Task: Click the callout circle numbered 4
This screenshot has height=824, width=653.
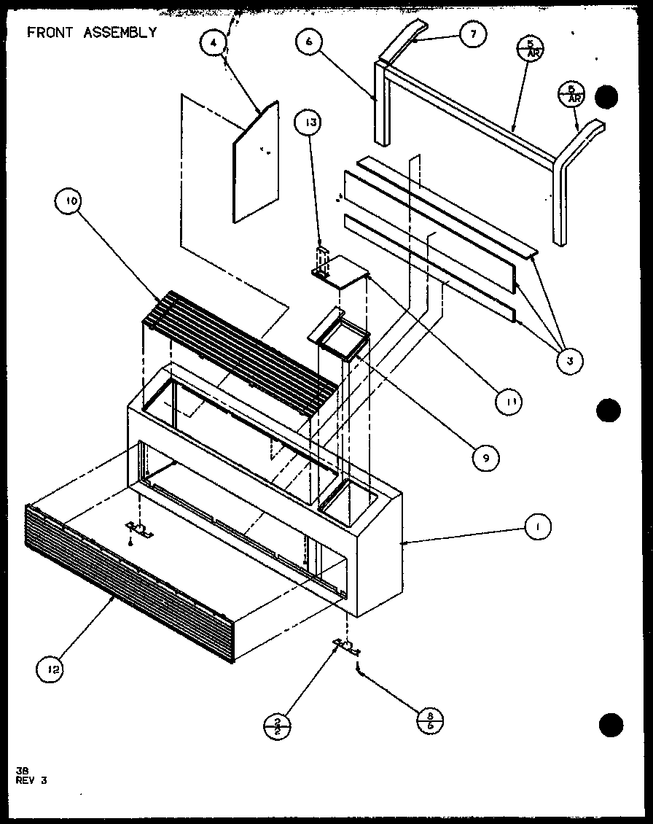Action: [x=213, y=43]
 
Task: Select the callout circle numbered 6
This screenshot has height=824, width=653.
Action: [x=309, y=42]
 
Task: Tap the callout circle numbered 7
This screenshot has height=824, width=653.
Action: [x=472, y=34]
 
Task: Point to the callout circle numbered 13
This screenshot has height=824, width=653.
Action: [x=310, y=123]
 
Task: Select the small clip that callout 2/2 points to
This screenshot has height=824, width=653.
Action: [x=347, y=646]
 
